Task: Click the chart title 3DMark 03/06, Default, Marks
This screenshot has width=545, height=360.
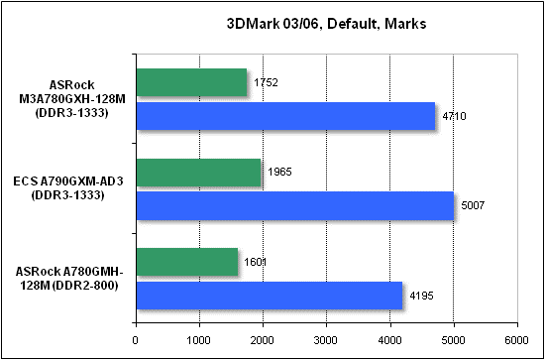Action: (327, 23)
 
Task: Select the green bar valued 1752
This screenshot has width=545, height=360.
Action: (190, 82)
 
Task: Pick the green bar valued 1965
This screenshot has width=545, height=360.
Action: (197, 173)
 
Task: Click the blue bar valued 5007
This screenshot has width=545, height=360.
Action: (294, 205)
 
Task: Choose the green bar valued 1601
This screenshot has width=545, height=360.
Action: (185, 263)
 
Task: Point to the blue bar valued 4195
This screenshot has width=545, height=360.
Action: (269, 295)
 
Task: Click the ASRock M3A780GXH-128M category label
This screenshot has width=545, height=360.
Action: (68, 99)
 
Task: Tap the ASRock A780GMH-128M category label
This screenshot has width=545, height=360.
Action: (68, 279)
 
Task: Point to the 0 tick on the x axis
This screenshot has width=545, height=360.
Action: (135, 338)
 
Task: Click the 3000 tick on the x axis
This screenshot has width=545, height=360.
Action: (326, 338)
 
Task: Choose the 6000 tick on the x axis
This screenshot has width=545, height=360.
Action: (517, 338)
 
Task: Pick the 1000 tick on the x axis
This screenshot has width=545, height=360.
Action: (198, 338)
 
